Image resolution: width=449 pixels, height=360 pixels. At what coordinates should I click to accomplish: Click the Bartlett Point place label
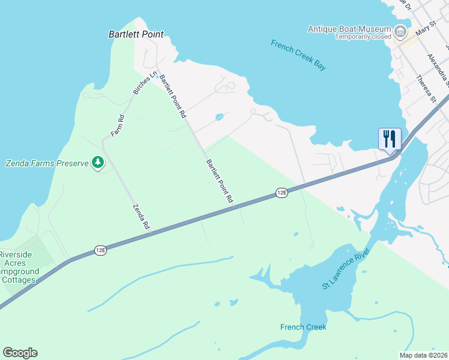click(136, 35)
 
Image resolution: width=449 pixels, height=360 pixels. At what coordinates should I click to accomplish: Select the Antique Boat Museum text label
click(349, 28)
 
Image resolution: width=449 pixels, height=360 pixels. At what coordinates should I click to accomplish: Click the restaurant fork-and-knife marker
click(389, 139)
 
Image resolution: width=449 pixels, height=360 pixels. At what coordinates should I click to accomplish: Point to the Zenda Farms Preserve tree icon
click(97, 163)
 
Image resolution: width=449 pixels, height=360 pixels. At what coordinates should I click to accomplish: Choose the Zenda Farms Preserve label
click(47, 163)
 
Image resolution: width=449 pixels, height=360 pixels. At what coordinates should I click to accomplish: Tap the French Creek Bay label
click(298, 55)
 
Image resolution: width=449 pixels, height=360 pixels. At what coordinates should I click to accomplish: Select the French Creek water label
click(303, 327)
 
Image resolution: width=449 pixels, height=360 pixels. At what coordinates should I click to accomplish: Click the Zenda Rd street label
click(140, 216)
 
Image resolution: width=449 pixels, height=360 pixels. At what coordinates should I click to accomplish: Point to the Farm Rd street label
click(117, 125)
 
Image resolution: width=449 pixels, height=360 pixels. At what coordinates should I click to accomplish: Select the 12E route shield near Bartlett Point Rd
click(282, 193)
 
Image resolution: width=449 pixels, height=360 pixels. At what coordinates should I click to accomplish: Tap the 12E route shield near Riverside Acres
click(100, 250)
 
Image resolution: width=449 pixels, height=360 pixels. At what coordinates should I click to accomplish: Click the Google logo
click(20, 353)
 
